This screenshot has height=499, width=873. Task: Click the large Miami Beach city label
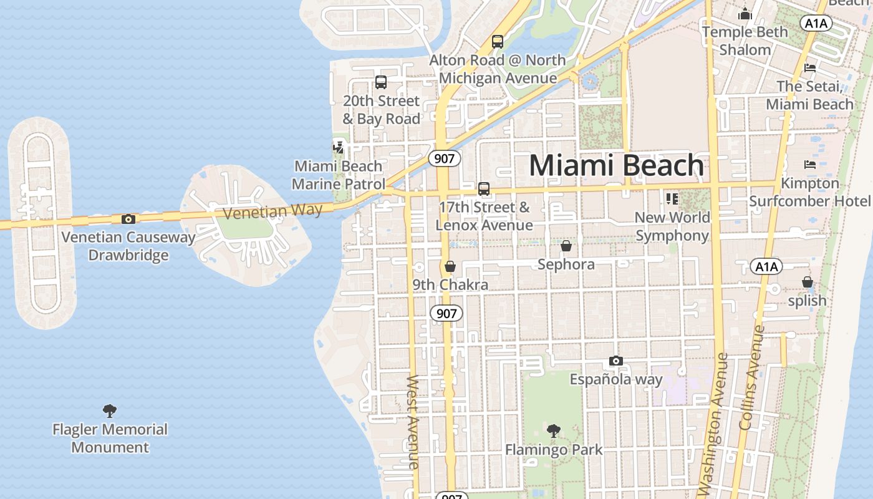click(x=616, y=166)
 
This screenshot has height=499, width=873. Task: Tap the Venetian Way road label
click(x=273, y=211)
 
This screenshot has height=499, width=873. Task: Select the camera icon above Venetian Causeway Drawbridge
click(x=128, y=219)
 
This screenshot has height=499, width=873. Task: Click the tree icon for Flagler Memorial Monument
click(x=110, y=410)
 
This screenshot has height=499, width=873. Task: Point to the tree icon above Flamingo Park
click(x=553, y=430)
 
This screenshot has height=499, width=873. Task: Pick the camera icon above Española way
click(x=615, y=361)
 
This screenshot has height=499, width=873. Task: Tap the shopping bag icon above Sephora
click(x=566, y=246)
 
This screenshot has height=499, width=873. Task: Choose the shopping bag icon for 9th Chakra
click(x=450, y=266)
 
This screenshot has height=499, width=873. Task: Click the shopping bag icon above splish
click(x=808, y=282)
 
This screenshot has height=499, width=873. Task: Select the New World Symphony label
click(x=672, y=226)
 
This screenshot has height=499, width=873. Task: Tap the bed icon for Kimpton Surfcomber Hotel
click(x=810, y=165)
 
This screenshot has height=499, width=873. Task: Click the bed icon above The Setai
click(x=810, y=67)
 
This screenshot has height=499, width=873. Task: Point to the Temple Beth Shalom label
click(x=745, y=41)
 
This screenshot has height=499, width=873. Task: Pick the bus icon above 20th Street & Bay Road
click(x=381, y=82)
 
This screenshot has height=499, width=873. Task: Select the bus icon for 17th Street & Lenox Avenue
click(x=484, y=188)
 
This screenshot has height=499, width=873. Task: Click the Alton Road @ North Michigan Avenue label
click(x=498, y=69)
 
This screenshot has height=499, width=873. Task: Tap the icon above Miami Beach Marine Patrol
click(x=338, y=148)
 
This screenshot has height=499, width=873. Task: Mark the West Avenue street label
click(x=413, y=421)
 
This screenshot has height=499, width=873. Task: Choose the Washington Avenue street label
click(x=713, y=424)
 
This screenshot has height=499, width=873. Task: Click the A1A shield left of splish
click(x=766, y=267)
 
